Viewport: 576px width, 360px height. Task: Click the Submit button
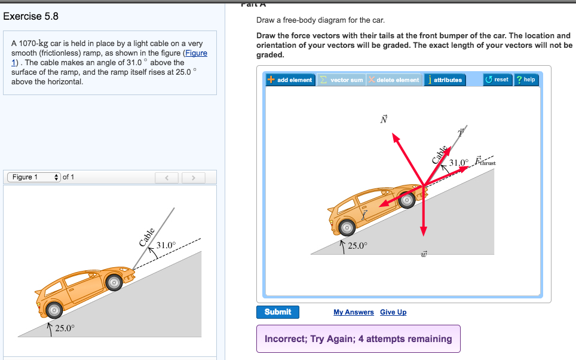(278, 312)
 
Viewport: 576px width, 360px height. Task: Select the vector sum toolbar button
(341, 80)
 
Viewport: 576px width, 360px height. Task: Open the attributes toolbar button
(444, 80)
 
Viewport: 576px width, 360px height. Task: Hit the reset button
(497, 80)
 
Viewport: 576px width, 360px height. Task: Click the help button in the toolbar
(526, 80)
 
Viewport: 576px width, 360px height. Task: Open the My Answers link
(353, 312)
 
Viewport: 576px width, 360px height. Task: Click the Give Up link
(393, 312)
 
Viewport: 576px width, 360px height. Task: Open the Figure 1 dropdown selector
(34, 177)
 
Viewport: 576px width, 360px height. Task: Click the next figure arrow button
(193, 178)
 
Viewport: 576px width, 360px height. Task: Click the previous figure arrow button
(168, 178)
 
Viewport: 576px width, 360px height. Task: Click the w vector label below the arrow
(424, 255)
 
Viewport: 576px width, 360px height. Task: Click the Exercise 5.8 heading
(31, 17)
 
